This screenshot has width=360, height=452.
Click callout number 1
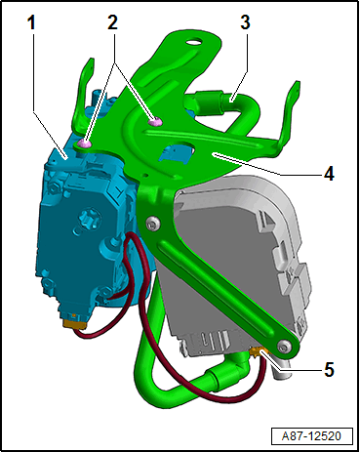[x=31, y=22]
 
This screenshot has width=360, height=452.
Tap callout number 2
[x=112, y=22]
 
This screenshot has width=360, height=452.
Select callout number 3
[x=246, y=22]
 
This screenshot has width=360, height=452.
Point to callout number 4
[x=329, y=173]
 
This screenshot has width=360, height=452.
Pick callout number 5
[x=329, y=370]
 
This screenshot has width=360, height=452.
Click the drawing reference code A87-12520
[x=311, y=436]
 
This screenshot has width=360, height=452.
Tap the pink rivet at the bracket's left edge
[x=84, y=143]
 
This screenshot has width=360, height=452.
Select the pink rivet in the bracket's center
[x=155, y=122]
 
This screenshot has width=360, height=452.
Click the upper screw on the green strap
[x=153, y=224]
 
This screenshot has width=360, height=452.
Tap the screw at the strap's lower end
[x=285, y=346]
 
